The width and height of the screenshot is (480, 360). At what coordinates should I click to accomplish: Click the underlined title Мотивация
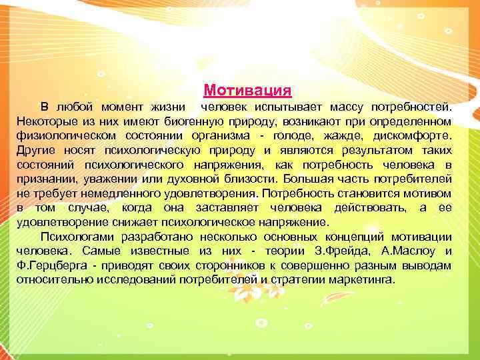pos(247,89)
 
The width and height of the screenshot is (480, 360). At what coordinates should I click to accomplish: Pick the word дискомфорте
pos(413,135)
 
